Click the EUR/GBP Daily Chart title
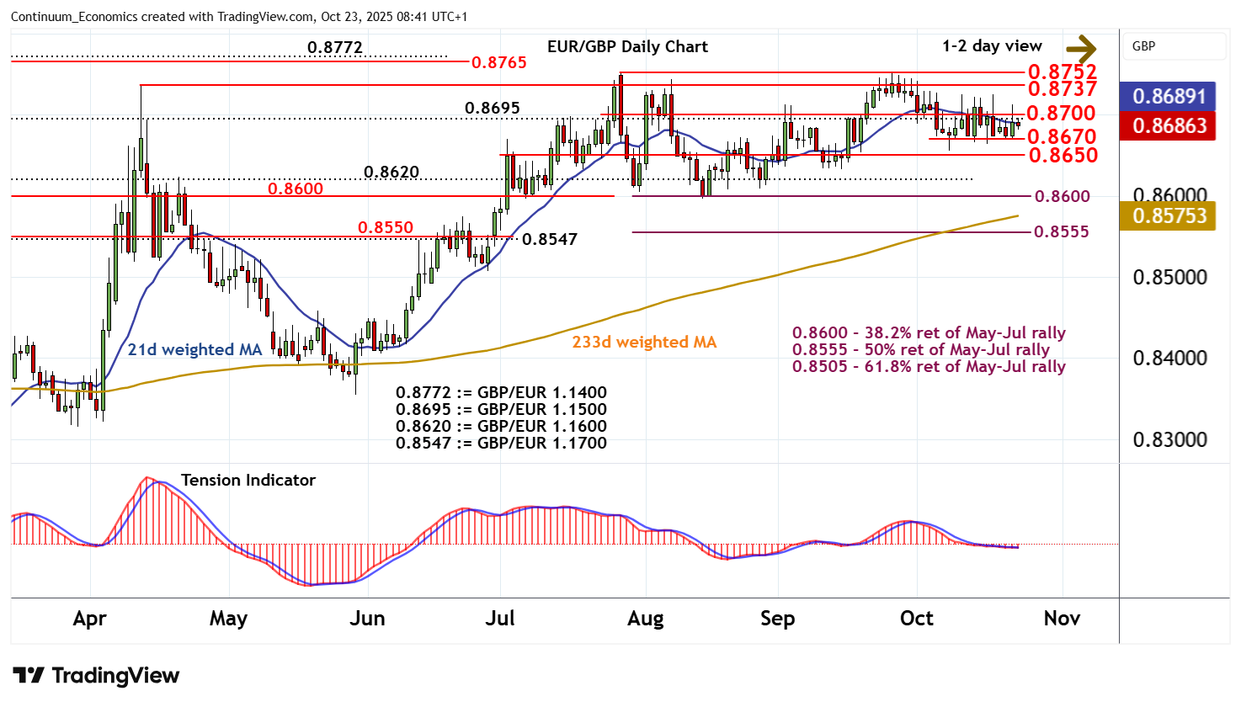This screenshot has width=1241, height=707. [627, 46]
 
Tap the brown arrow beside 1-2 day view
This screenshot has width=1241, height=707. [1081, 48]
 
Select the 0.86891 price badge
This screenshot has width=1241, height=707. [1169, 96]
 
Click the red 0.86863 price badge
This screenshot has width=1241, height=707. [1169, 125]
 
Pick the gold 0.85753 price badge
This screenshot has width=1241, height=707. [1169, 215]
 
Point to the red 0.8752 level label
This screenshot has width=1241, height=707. [1062, 72]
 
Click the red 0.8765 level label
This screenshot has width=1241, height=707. [498, 62]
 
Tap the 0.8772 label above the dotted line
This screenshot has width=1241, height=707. [334, 47]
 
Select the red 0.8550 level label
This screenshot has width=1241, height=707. [385, 227]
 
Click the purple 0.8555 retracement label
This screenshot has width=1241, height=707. [1061, 231]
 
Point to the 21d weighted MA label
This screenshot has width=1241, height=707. [194, 349]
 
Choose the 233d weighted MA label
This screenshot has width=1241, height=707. [644, 342]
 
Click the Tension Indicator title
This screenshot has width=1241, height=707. [248, 480]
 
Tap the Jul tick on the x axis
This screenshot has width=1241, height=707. [500, 619]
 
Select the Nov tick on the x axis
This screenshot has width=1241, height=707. [1062, 619]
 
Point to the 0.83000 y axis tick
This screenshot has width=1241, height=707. [1169, 439]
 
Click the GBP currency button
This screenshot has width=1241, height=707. [1143, 46]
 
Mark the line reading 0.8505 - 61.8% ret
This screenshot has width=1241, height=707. [929, 366]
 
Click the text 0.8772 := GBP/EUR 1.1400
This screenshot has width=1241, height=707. [501, 392]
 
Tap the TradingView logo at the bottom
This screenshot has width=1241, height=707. [96, 675]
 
